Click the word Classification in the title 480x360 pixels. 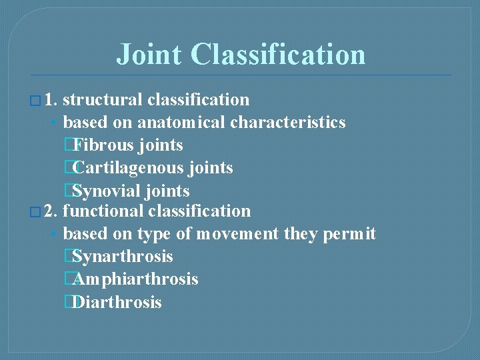pos(278,55)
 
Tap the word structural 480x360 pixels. pos(103,100)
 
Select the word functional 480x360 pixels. pos(103,211)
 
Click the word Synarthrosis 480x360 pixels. pos(123,257)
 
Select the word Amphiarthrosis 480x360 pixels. pos(136,279)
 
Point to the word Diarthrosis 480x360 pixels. pos(117,302)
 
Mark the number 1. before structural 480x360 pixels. pos(51,100)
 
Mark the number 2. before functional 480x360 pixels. pos(51,211)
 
